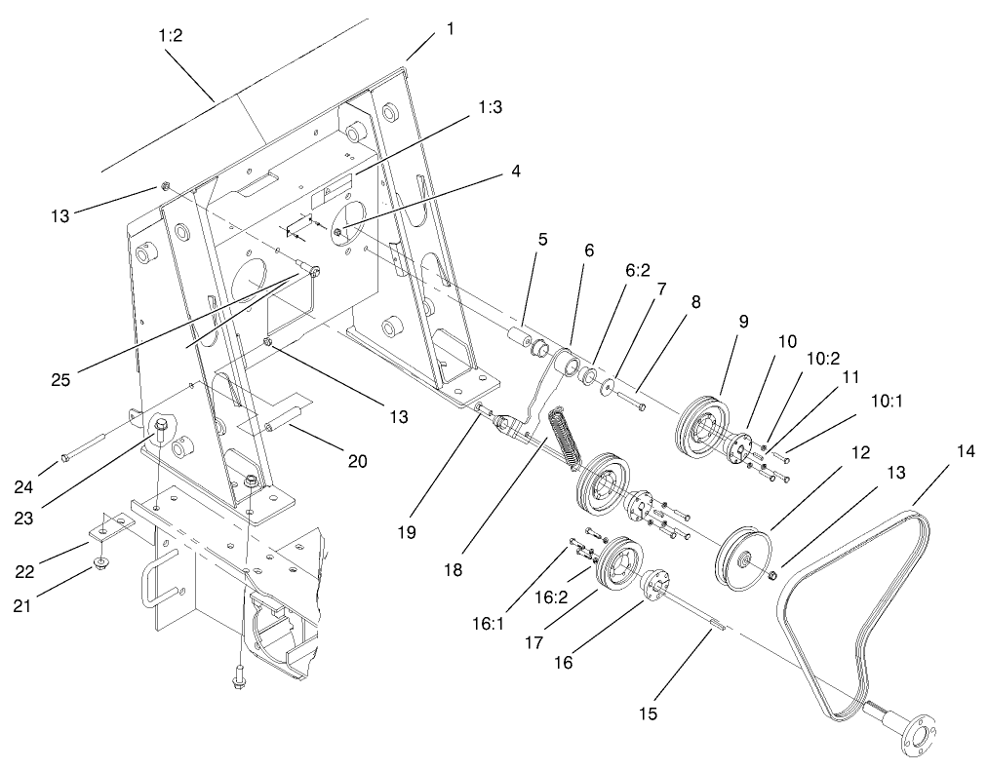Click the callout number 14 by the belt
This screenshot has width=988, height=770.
coord(965,452)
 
